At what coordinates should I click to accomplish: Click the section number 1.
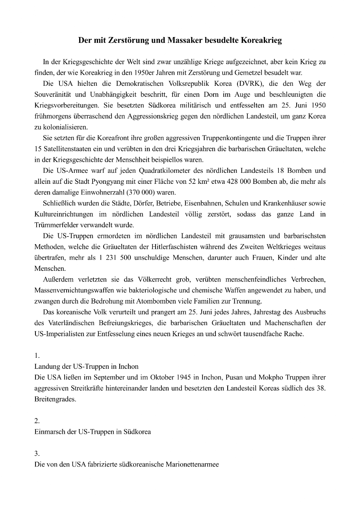click(37, 355)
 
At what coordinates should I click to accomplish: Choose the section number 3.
click(37, 453)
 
